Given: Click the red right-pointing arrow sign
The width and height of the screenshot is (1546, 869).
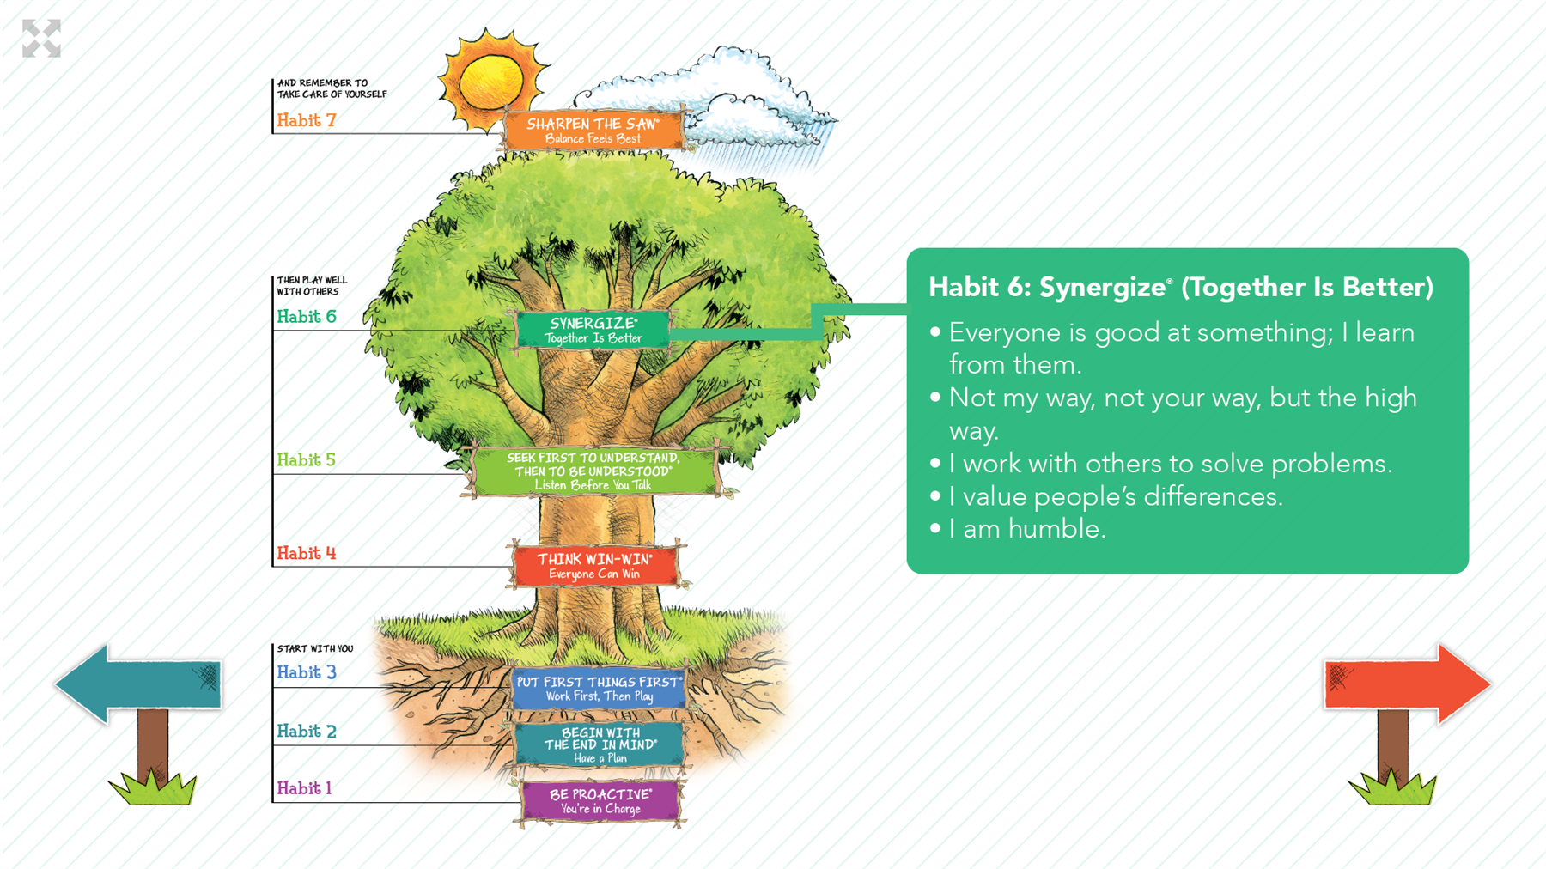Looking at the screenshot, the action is pyautogui.click(x=1407, y=684).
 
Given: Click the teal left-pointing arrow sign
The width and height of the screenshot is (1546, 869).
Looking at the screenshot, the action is pyautogui.click(x=139, y=684).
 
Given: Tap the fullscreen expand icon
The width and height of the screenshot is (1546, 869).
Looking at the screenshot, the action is pyautogui.click(x=41, y=39).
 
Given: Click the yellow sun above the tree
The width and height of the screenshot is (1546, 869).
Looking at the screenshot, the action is pyautogui.click(x=491, y=82).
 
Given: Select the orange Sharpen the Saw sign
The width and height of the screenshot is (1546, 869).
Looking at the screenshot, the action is pyautogui.click(x=593, y=130).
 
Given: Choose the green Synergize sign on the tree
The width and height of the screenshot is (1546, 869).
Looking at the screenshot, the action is pyautogui.click(x=593, y=330).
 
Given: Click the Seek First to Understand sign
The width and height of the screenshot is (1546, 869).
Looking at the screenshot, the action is pyautogui.click(x=593, y=471).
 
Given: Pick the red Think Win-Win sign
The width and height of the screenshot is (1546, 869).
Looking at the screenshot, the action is pyautogui.click(x=594, y=566).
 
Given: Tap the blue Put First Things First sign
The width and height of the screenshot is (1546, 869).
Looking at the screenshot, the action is pyautogui.click(x=600, y=689).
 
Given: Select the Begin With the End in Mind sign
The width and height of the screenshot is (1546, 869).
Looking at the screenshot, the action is pyautogui.click(x=600, y=744).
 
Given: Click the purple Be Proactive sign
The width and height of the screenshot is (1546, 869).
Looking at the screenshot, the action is pyautogui.click(x=600, y=801).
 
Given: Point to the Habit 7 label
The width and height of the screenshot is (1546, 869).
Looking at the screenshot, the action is pyautogui.click(x=307, y=120).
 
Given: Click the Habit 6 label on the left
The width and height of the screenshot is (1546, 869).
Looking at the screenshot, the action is pyautogui.click(x=307, y=317).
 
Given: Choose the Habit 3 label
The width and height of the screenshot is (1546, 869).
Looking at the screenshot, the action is pyautogui.click(x=307, y=672).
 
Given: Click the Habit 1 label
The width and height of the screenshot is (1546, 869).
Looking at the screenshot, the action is pyautogui.click(x=304, y=788).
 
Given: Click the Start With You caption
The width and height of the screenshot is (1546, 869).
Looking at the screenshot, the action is pyautogui.click(x=315, y=648).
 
